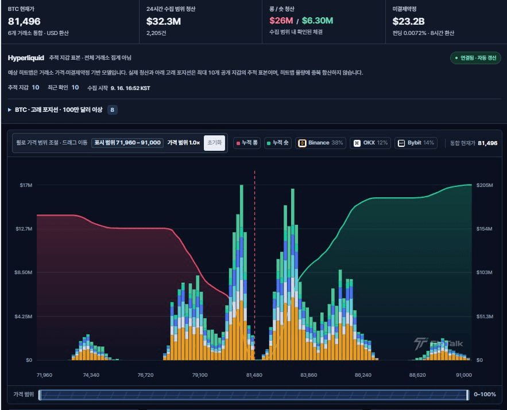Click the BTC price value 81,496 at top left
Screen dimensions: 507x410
24,21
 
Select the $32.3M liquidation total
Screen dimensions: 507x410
164,21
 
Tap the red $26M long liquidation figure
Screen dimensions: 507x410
281,21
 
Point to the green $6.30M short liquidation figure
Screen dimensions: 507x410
317,21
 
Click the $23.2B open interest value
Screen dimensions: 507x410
408,21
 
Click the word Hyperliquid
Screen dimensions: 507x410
26,58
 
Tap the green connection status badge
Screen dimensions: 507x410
475,58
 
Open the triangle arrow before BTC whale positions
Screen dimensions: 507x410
10,110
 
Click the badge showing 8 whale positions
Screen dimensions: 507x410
112,110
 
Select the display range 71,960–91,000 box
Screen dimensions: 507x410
127,143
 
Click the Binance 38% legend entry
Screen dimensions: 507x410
320,143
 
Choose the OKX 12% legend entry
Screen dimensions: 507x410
370,143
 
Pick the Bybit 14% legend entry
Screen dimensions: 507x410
416,143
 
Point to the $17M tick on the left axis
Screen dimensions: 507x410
26,185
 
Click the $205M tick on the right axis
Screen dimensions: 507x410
485,185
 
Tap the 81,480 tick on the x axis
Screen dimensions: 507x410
254,375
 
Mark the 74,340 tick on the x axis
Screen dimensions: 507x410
91,375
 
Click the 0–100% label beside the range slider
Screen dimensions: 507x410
485,394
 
